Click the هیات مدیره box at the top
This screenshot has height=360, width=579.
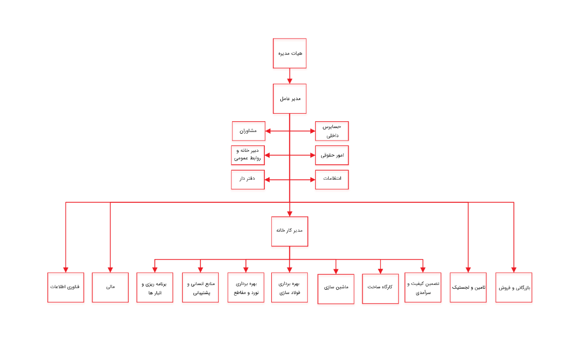[289, 53]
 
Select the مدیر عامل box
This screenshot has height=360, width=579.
[289, 99]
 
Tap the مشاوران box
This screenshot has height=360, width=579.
[248, 131]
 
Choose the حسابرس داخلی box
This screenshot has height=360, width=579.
[332, 131]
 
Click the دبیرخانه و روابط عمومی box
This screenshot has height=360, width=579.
[248, 155]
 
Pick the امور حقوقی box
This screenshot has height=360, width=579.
[332, 155]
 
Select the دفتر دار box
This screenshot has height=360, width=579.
[248, 180]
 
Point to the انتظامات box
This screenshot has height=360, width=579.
[332, 180]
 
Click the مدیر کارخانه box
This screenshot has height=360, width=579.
[289, 231]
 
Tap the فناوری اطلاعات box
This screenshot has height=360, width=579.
[65, 288]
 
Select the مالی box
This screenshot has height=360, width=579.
[110, 288]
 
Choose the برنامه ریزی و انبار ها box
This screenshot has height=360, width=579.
[155, 288]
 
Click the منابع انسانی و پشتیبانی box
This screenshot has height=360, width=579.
[201, 288]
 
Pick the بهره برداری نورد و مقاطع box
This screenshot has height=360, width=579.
[246, 288]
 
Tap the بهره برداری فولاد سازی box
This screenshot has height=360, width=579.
[289, 288]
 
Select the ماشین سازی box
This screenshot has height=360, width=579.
[336, 289]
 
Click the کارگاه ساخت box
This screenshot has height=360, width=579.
[381, 289]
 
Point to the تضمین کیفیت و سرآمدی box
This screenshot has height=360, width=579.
[423, 288]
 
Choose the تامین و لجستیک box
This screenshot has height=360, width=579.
[468, 288]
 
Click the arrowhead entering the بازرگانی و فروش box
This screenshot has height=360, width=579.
[514, 269]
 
